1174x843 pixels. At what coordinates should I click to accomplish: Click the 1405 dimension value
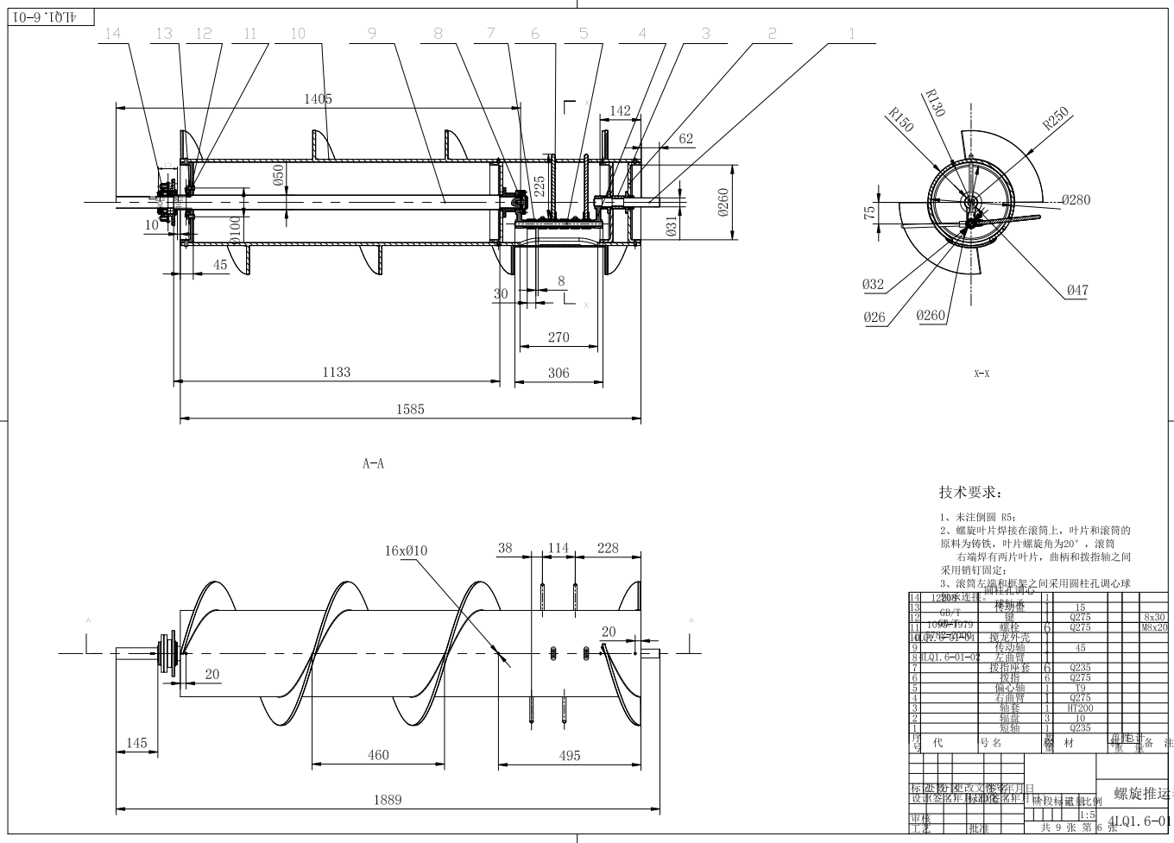coord(318,98)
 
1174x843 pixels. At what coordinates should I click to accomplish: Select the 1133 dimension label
coord(337,372)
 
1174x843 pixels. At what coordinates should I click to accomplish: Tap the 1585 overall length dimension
coord(410,409)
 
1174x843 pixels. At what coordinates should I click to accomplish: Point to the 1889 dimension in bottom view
coord(387,799)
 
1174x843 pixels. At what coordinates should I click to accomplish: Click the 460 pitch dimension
coord(378,755)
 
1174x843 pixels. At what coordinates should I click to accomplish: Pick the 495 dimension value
coord(570,755)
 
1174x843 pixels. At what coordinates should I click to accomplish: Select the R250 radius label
coord(1056,118)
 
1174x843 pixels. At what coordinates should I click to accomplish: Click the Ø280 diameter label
coord(1076,199)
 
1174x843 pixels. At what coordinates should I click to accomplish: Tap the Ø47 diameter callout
coord(1076,291)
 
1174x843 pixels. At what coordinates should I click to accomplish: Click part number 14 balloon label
coord(112,34)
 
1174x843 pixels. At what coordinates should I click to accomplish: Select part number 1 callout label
coord(851,34)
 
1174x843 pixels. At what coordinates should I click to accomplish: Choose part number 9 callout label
coord(371,34)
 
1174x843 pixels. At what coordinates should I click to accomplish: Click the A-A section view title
coord(373,463)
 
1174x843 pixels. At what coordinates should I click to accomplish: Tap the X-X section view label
coord(981,374)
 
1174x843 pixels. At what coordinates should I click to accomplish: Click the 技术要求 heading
coord(970,493)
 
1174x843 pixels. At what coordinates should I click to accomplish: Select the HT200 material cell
coord(1080,708)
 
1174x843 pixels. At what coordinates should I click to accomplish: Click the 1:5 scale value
coord(1087,815)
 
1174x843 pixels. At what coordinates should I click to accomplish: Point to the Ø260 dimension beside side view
coord(723,204)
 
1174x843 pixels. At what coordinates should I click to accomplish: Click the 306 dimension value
coord(559,372)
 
